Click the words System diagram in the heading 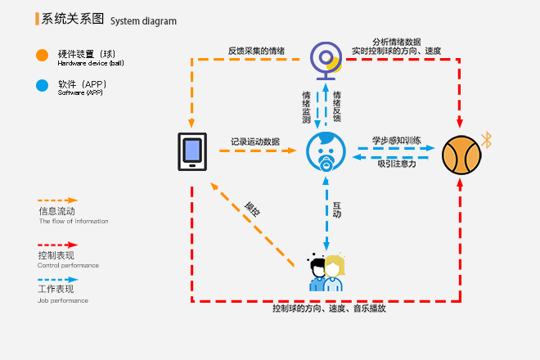143,20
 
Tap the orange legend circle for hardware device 42,56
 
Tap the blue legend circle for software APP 42,84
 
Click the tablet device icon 191,151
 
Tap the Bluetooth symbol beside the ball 486,138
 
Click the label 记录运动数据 254,142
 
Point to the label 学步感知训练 397,141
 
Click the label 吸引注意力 396,164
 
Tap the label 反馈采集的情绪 256,51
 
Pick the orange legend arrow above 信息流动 57,200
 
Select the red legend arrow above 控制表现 57,245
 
